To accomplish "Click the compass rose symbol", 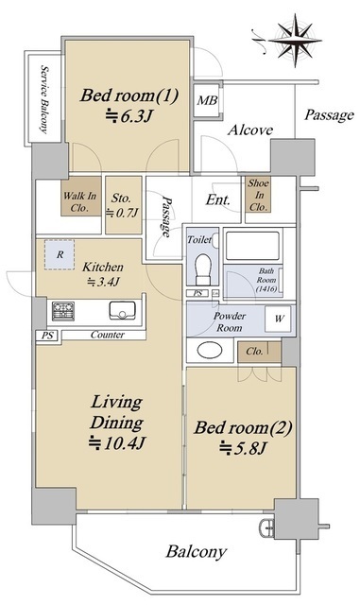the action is (295, 40).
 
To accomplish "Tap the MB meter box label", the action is (207, 101).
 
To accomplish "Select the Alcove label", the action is (250, 130).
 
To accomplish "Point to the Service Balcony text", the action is (45, 99).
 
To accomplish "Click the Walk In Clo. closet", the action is (81, 197).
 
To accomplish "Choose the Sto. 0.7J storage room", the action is (123, 205).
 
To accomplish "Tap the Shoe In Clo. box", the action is (258, 195).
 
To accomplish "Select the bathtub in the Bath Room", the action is (252, 246).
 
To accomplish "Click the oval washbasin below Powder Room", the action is (210, 351).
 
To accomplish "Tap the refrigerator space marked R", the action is (60, 254).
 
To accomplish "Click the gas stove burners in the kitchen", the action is (63, 311).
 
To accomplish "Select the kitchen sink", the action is (122, 311).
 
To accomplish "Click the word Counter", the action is (108, 335).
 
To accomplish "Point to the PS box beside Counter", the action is (48, 337).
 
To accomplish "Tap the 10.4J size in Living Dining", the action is (117, 443).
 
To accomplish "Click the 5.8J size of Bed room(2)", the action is (243, 448).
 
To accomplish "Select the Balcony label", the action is (196, 552).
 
